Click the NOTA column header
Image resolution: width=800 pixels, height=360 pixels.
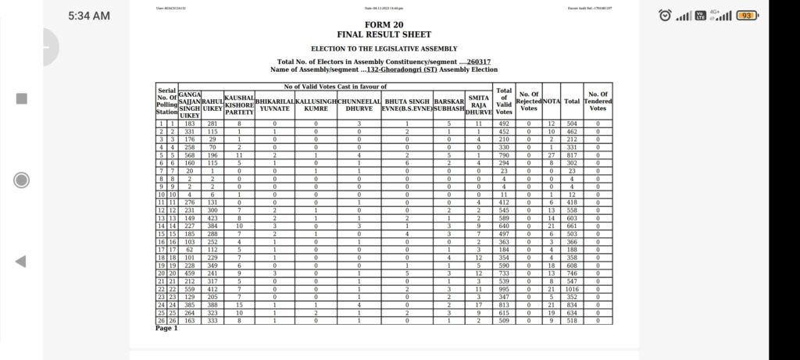point(551,102)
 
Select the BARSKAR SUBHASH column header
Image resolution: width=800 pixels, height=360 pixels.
point(449,105)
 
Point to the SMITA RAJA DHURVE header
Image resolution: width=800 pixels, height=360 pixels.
point(479,105)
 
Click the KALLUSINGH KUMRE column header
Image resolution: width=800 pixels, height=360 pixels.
point(316,105)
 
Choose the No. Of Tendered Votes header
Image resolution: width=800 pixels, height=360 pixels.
point(598,102)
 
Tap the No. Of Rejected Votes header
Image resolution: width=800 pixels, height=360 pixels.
point(529,102)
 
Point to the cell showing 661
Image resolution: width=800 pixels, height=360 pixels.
point(572,226)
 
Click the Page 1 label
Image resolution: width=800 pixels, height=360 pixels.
point(166,328)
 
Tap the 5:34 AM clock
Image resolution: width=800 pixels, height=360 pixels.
point(88,16)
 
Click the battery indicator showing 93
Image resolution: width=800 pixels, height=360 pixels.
point(746,15)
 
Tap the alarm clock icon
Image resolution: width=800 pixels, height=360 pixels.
point(664,15)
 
